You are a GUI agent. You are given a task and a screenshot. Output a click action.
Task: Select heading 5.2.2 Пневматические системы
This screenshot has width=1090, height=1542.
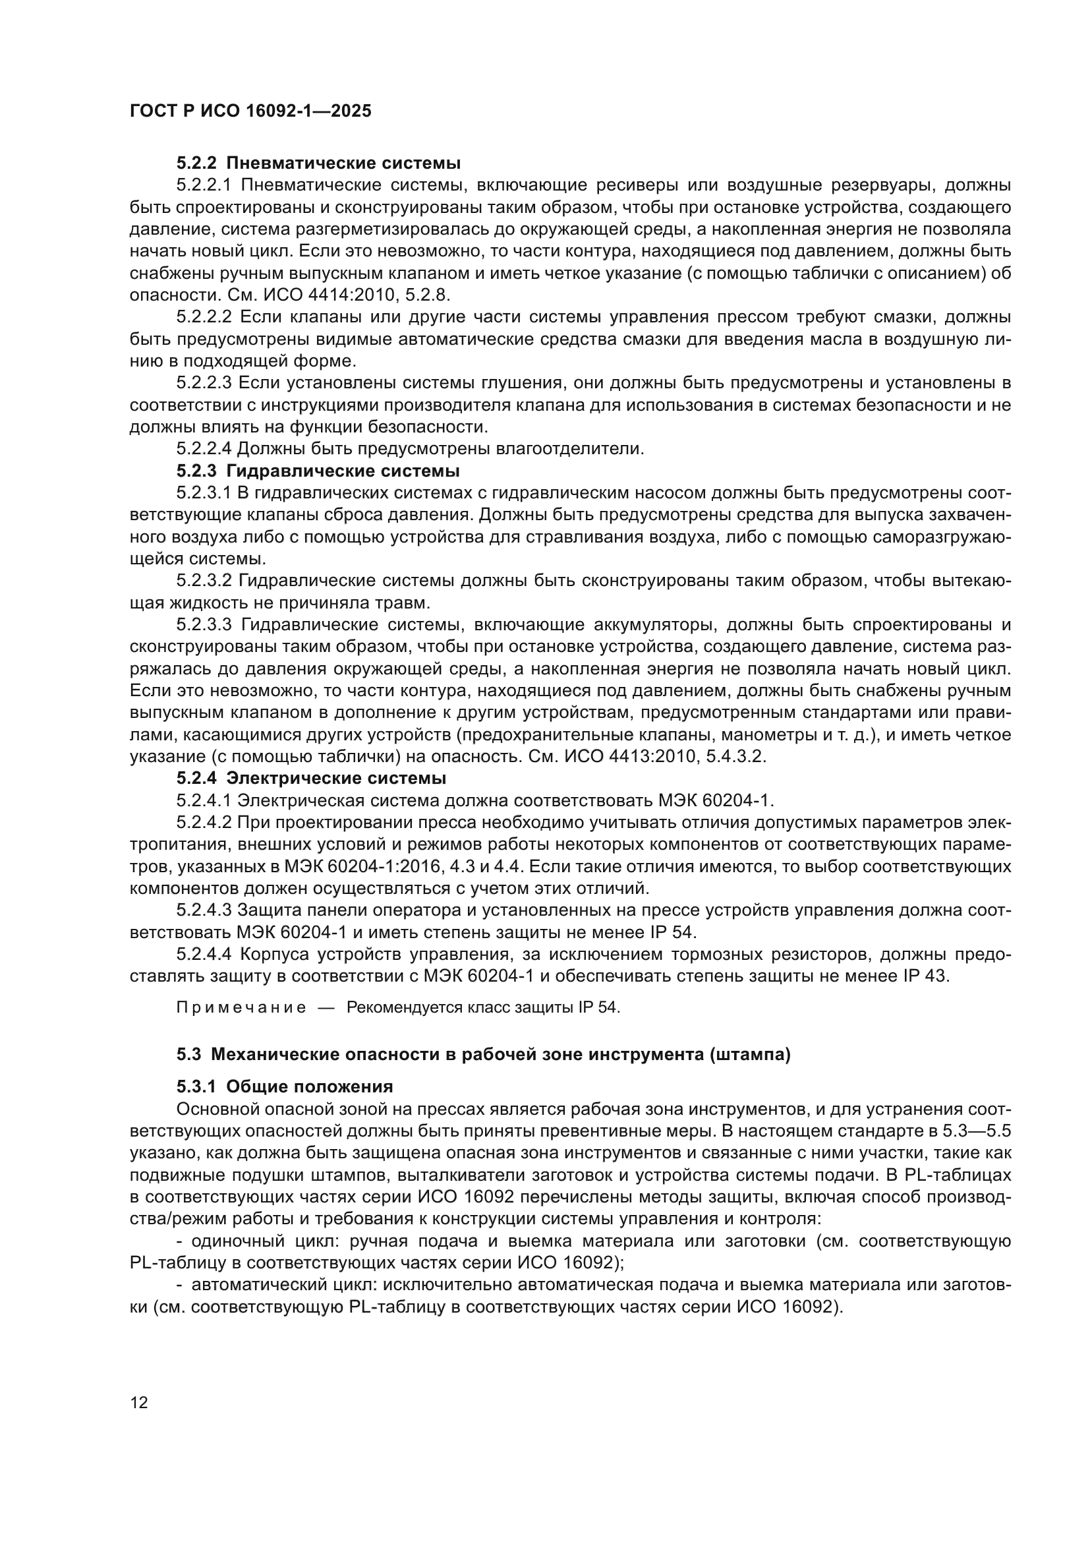pos(318,163)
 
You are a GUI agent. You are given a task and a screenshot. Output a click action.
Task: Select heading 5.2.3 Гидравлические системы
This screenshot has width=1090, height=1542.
pos(318,471)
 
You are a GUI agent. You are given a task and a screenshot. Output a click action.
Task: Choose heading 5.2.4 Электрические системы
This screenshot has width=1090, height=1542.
pos(312,779)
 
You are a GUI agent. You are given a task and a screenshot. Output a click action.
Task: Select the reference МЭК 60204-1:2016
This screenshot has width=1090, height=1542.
pos(348,867)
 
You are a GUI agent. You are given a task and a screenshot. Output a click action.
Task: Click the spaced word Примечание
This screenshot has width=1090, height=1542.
pos(242,1008)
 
